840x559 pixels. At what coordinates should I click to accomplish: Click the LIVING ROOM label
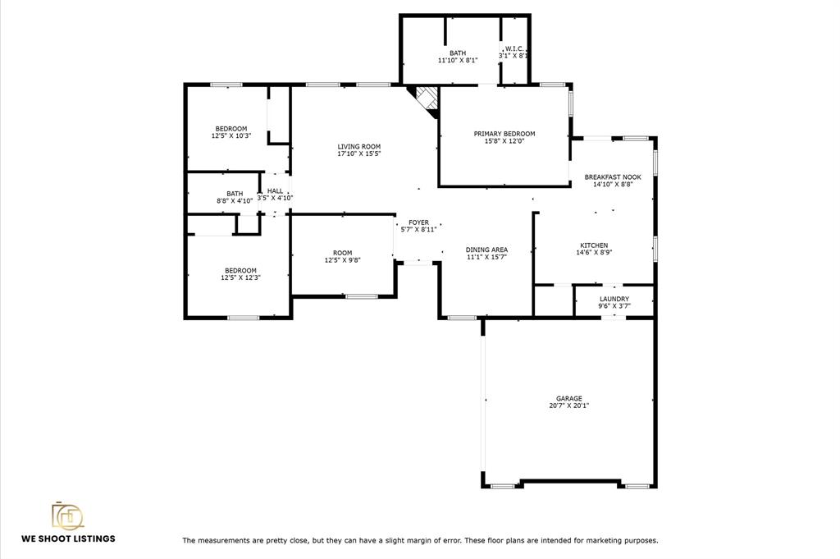[x=359, y=146]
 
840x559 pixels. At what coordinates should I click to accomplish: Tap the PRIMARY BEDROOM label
[x=504, y=134]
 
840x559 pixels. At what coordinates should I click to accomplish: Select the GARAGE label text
[x=569, y=398]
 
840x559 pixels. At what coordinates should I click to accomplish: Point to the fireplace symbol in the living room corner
[x=423, y=102]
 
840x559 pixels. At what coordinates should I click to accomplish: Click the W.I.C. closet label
[x=514, y=48]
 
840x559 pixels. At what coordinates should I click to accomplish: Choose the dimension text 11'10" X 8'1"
[x=458, y=60]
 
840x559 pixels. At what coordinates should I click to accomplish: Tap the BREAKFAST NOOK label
[x=613, y=176]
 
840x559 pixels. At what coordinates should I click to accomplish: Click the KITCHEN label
[x=594, y=245]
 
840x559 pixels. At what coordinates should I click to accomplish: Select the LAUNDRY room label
[x=614, y=299]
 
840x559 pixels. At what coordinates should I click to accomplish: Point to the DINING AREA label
[x=486, y=250]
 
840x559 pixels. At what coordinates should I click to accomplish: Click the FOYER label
[x=418, y=222]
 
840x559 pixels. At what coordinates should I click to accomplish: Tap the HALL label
[x=275, y=190]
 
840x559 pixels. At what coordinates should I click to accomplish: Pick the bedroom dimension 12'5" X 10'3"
[x=231, y=135]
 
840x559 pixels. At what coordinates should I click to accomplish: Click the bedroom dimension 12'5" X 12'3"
[x=240, y=277]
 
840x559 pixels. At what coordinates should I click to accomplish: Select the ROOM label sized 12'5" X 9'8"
[x=342, y=253]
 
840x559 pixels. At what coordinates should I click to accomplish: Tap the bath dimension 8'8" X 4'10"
[x=235, y=201]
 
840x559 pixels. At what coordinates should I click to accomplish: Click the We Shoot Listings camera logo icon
[x=67, y=515]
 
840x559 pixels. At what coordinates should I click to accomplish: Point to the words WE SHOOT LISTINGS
[x=68, y=538]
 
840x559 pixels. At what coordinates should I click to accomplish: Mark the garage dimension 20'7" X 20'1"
[x=569, y=406]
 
